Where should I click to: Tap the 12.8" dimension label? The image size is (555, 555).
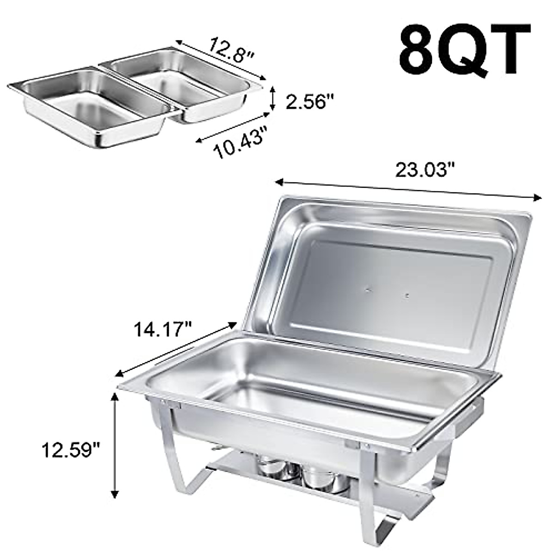point(231,47)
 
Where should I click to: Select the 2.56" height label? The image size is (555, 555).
point(309,101)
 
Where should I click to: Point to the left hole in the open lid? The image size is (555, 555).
point(368,290)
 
